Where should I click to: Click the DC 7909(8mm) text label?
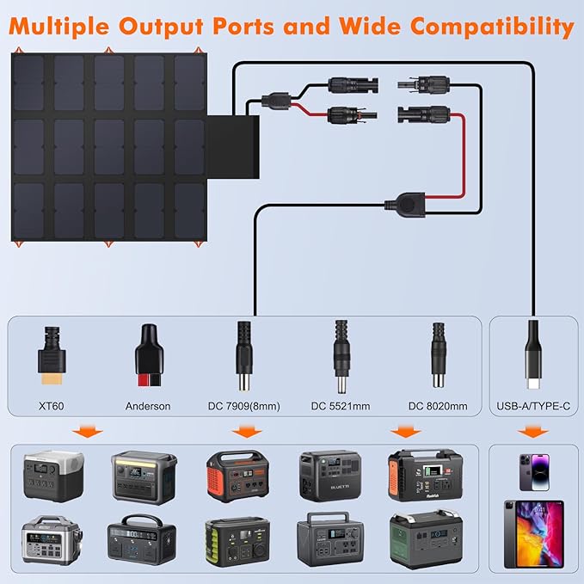click(244, 405)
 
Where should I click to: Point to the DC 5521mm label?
click(341, 405)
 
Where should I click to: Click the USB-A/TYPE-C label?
click(532, 405)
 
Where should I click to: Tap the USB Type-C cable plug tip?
click(532, 378)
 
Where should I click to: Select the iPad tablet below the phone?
click(533, 533)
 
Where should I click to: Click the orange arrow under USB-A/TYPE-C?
click(533, 431)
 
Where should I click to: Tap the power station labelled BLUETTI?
click(331, 475)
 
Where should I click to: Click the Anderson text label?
click(148, 405)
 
